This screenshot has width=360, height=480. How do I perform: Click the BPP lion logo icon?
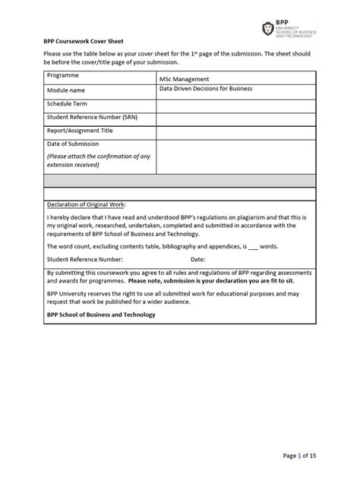(267, 29)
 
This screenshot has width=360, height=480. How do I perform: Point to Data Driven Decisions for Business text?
(205, 89)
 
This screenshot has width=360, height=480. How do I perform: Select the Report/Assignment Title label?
(85, 131)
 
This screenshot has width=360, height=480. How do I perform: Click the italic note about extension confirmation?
(98, 160)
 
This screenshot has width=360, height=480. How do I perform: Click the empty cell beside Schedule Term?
(235, 103)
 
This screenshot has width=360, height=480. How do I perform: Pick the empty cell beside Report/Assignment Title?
(235, 131)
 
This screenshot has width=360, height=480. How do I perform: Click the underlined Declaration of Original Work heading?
(86, 204)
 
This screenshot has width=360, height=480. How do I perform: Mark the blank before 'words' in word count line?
(254, 247)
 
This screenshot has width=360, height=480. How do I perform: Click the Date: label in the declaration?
(198, 259)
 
